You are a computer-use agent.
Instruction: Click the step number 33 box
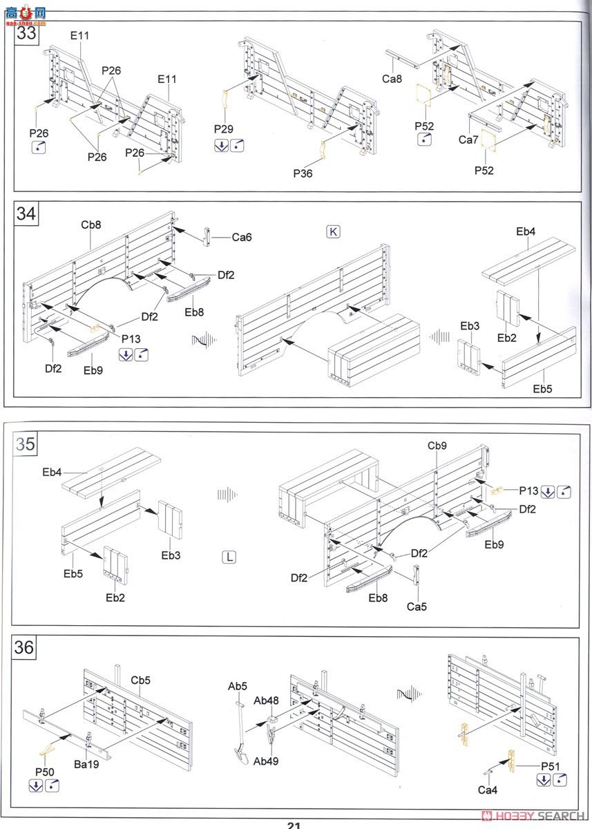tap(26, 32)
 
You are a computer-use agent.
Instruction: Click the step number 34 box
tap(26, 214)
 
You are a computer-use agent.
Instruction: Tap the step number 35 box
tap(26, 444)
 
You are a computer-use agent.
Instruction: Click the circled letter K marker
tap(333, 231)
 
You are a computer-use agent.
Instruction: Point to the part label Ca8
tap(392, 79)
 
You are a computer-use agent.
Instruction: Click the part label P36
tap(303, 173)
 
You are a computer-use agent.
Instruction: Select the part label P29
tap(223, 129)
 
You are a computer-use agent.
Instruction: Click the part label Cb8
tap(91, 225)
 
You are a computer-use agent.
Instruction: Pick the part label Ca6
tap(242, 237)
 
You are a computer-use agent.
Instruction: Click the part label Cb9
tap(437, 446)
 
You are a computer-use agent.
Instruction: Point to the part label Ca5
tap(417, 607)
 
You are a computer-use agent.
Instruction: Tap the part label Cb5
tap(141, 680)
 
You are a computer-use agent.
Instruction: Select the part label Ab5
tap(238, 687)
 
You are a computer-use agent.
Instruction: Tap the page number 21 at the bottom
tap(294, 825)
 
